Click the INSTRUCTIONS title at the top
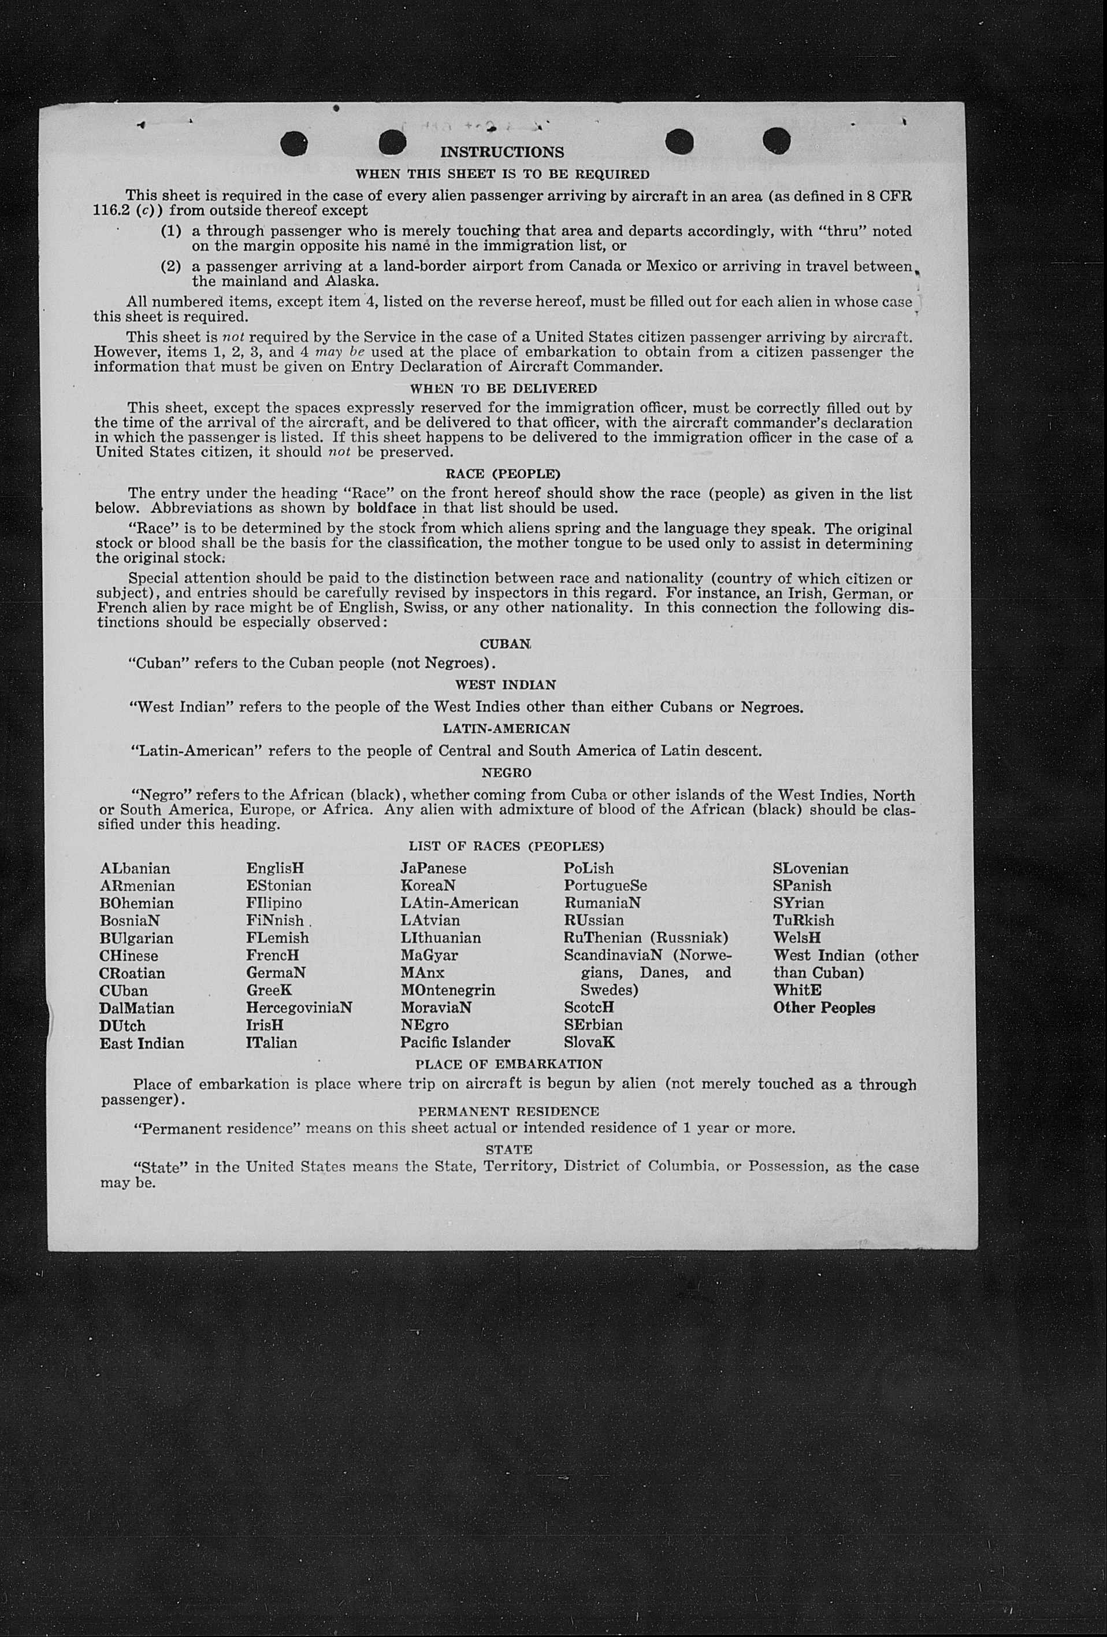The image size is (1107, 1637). click(x=502, y=152)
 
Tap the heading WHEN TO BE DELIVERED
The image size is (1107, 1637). click(x=503, y=388)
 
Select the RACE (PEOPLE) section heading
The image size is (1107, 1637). click(x=503, y=474)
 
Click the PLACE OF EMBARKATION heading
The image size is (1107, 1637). click(x=508, y=1064)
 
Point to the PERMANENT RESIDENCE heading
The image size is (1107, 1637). click(x=508, y=1111)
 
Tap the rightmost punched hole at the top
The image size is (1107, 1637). click(x=776, y=140)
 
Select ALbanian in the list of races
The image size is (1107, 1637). click(x=135, y=869)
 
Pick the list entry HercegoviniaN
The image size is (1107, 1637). click(x=299, y=1008)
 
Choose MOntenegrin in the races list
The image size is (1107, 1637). click(x=448, y=990)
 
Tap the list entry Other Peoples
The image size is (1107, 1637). click(x=824, y=1008)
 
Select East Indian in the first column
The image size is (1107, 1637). click(x=142, y=1043)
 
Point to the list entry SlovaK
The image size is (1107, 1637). click(x=589, y=1043)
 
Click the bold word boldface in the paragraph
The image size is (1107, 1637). click(x=387, y=508)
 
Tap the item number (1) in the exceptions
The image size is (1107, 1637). click(x=171, y=231)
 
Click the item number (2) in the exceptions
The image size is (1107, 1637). click(x=171, y=266)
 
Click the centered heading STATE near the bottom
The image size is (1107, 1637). click(x=508, y=1150)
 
